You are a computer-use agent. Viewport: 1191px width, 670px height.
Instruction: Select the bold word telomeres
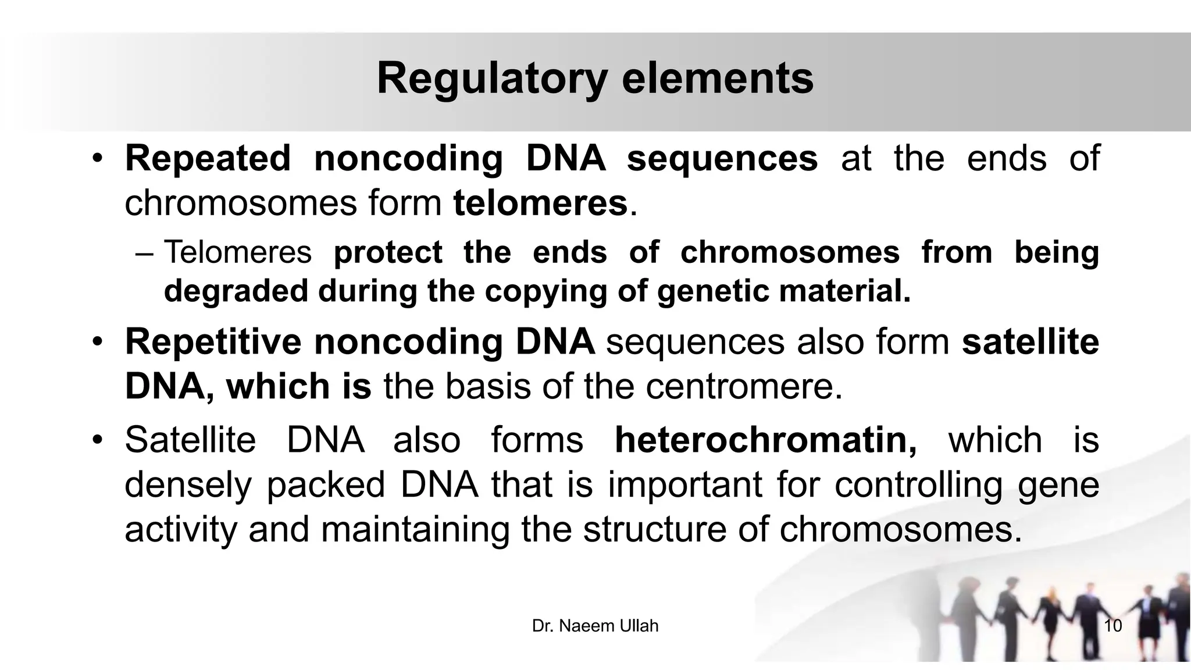point(540,204)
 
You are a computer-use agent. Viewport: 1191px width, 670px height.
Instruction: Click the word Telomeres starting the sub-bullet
point(238,252)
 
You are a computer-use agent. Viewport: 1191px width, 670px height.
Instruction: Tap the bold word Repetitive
point(213,342)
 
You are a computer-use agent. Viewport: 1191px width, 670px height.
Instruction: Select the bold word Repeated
point(208,159)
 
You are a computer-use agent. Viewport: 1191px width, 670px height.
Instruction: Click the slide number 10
point(1112,626)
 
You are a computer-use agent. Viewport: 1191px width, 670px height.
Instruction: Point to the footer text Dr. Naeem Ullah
point(595,626)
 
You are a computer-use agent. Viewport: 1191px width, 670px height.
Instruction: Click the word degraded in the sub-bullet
point(236,291)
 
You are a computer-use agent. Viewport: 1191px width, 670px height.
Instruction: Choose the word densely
point(188,485)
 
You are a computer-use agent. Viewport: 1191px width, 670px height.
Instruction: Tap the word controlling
point(918,485)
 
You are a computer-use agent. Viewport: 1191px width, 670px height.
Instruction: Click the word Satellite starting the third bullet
point(190,440)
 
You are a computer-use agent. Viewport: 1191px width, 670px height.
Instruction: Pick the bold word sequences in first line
point(722,159)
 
